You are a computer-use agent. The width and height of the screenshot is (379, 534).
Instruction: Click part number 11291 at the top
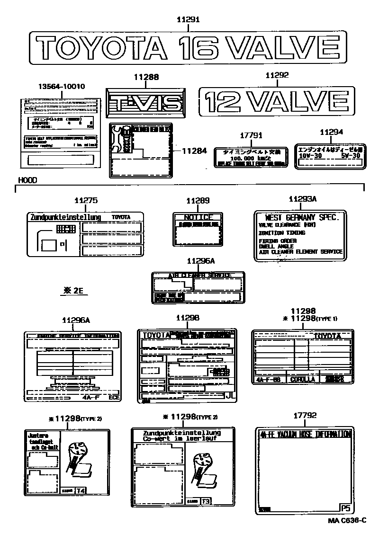point(188,19)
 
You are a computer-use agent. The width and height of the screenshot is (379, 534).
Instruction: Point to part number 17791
point(251,135)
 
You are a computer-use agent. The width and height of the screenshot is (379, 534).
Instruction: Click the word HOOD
point(27,180)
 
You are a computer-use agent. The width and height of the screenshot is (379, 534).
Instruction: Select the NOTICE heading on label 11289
point(197,217)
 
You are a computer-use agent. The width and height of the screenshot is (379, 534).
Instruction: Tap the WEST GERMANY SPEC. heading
point(302,217)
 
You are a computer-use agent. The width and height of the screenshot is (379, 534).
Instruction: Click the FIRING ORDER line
point(278,241)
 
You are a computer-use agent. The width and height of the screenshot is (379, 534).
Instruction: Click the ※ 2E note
point(72,291)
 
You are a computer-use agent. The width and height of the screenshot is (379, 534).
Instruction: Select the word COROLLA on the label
point(302,379)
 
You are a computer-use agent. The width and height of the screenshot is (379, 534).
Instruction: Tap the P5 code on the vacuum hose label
point(345,508)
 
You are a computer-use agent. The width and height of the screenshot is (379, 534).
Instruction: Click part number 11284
point(194,151)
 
